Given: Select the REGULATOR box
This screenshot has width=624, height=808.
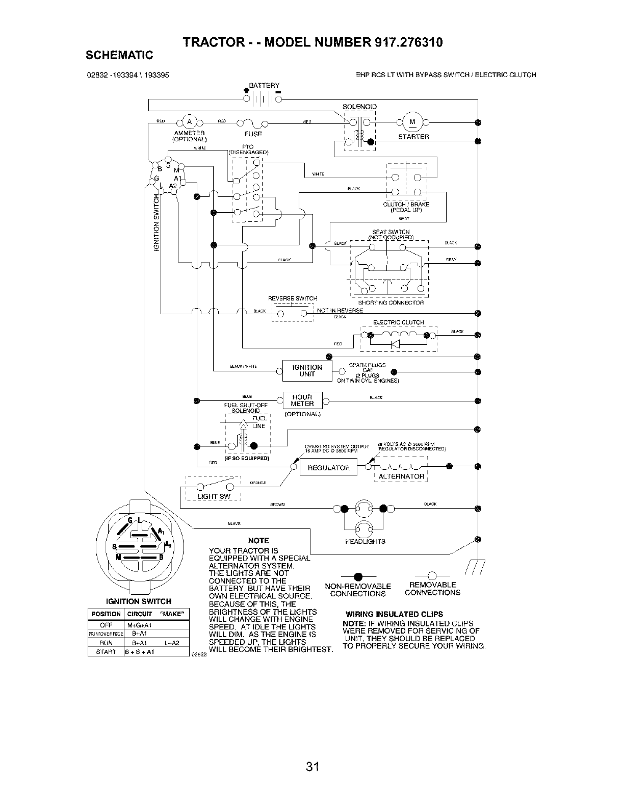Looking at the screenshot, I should [329, 468].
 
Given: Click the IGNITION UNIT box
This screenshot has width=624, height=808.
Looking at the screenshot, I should [307, 371].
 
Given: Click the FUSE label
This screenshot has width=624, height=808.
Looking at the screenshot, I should [253, 134].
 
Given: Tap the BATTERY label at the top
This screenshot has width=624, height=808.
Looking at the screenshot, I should [264, 85].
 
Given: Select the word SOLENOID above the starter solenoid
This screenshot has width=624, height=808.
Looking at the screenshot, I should [359, 107].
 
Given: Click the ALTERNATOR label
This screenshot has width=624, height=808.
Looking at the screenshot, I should [401, 476].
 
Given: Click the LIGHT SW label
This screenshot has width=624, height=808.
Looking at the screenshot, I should [215, 497].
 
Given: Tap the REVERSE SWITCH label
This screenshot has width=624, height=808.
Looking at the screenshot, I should [293, 298].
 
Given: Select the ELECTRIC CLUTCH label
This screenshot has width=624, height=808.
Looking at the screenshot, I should [398, 322].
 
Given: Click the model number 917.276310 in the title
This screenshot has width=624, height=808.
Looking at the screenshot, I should [408, 42].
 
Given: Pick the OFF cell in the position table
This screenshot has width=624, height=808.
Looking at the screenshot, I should [106, 625].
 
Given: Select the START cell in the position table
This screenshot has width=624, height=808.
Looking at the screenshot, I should [106, 651].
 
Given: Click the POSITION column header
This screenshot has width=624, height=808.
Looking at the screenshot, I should [106, 614].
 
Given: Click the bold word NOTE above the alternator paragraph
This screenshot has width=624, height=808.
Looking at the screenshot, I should [257, 540].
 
